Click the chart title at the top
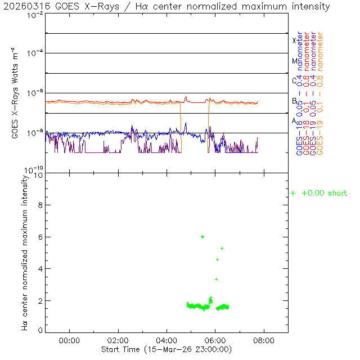[x=166, y=7]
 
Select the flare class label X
[x=294, y=40]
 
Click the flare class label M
[x=294, y=61]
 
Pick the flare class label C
[x=294, y=80]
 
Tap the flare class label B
[x=294, y=101]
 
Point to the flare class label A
[x=294, y=120]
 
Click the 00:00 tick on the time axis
[x=69, y=340]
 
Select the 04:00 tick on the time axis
[x=166, y=340]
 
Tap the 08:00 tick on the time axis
[x=264, y=340]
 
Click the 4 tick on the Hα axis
[x=39, y=269]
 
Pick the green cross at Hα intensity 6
[x=202, y=237]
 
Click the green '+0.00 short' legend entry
[x=319, y=193]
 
